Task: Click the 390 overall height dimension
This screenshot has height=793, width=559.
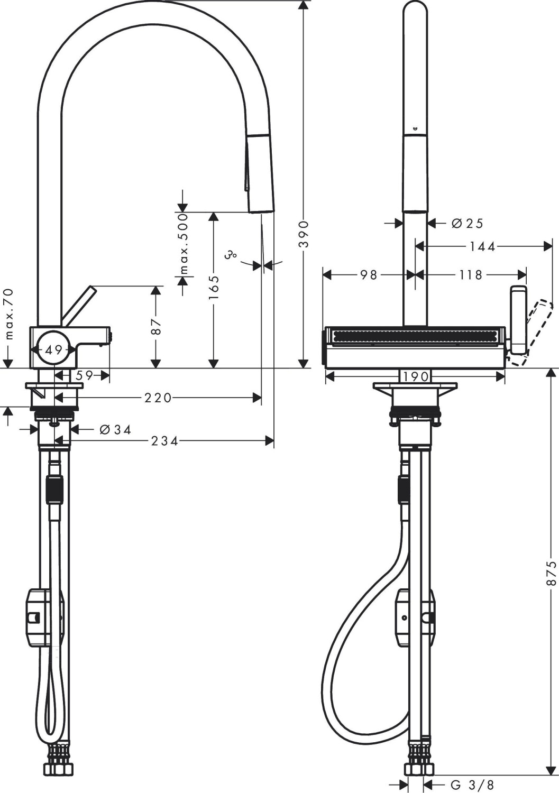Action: (304, 234)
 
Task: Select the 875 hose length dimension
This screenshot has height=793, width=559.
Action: (552, 573)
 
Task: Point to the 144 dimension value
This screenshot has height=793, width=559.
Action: (482, 246)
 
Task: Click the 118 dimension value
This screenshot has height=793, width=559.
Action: (471, 275)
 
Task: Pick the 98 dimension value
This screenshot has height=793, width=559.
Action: (369, 275)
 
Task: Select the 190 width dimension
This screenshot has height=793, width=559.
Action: (415, 377)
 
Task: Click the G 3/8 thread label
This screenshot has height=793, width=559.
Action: (472, 785)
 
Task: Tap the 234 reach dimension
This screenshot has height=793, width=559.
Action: (164, 440)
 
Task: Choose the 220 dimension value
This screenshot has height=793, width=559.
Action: (158, 398)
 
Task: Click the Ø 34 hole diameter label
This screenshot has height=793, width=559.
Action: (115, 430)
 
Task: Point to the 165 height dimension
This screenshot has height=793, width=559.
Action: (214, 287)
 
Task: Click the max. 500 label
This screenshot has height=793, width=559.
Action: (183, 243)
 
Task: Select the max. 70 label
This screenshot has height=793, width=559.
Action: (8, 314)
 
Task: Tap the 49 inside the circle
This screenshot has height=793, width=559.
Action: (54, 349)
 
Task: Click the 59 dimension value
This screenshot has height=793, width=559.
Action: (84, 375)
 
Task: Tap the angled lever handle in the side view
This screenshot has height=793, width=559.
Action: (77, 305)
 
